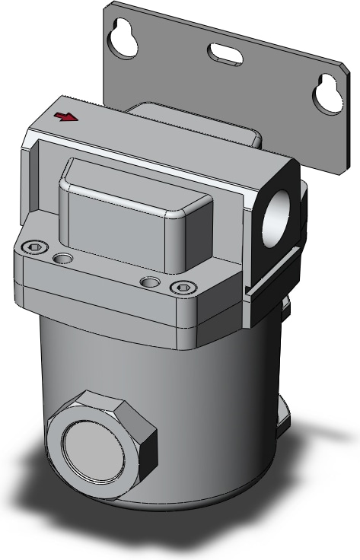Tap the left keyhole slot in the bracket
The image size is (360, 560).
click(123, 40)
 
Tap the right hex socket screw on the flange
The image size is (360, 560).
click(182, 287)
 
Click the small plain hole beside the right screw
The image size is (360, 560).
click(151, 282)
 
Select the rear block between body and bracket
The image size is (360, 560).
click(198, 126)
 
